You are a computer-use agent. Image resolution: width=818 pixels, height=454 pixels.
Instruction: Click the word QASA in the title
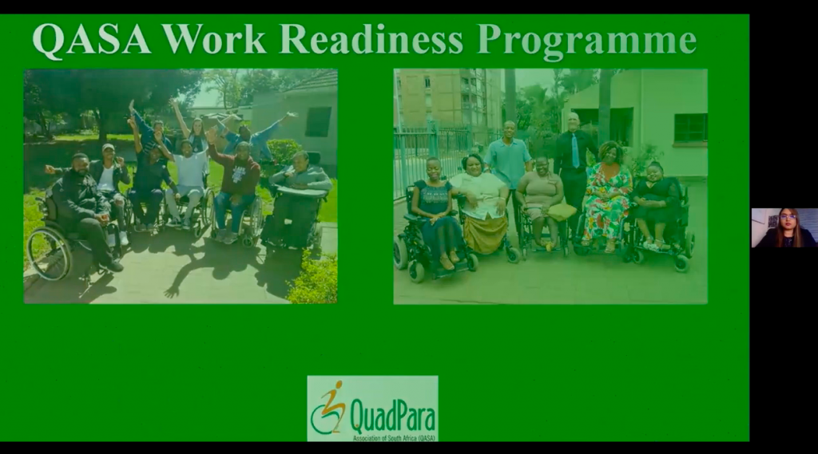(x=92, y=40)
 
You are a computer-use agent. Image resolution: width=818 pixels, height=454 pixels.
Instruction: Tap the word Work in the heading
(x=214, y=39)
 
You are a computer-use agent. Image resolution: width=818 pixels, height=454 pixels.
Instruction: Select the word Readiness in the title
(x=371, y=39)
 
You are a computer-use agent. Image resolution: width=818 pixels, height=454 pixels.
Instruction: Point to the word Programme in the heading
(x=586, y=41)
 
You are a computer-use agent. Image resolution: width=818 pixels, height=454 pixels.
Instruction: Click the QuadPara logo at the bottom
(x=372, y=409)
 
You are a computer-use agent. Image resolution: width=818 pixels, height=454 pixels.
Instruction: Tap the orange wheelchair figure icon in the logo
(x=328, y=408)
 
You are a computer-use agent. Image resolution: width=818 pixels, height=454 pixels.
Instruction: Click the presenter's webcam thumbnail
(x=784, y=227)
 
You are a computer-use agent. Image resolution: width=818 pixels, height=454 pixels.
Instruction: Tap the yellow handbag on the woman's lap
(x=562, y=211)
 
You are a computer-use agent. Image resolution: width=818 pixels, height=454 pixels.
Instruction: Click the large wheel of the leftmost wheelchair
(x=49, y=253)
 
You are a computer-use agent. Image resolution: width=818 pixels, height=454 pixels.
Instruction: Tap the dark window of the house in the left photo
(x=318, y=121)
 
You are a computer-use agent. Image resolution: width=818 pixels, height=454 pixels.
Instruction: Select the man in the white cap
(x=109, y=188)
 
